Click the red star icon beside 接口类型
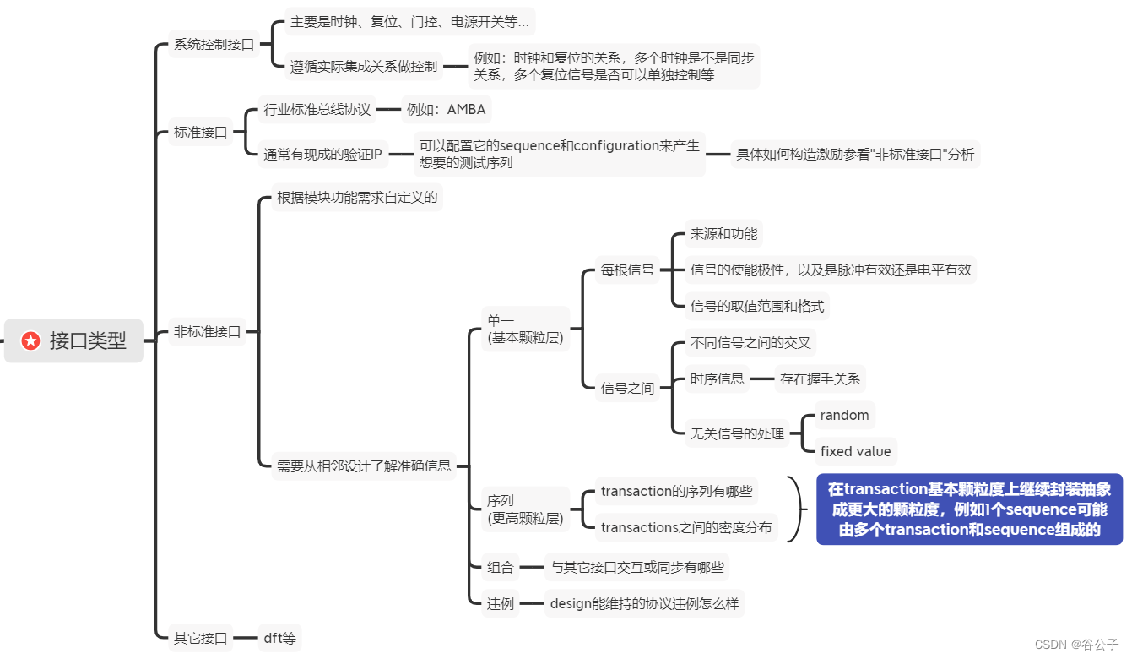31,340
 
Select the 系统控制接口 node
214,45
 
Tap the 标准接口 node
200,132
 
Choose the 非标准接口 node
207,332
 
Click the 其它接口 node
200,638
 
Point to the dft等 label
280,638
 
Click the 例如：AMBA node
446,109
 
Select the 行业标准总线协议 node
317,109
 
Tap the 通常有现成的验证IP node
323,154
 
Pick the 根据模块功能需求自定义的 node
357,199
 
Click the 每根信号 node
627,270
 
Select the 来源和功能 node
723,234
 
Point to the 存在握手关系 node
821,379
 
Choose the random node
844,415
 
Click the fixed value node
855,451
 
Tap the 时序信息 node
717,379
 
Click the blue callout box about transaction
969,509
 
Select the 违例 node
500,603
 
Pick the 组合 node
500,567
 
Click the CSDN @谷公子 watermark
1076,644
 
